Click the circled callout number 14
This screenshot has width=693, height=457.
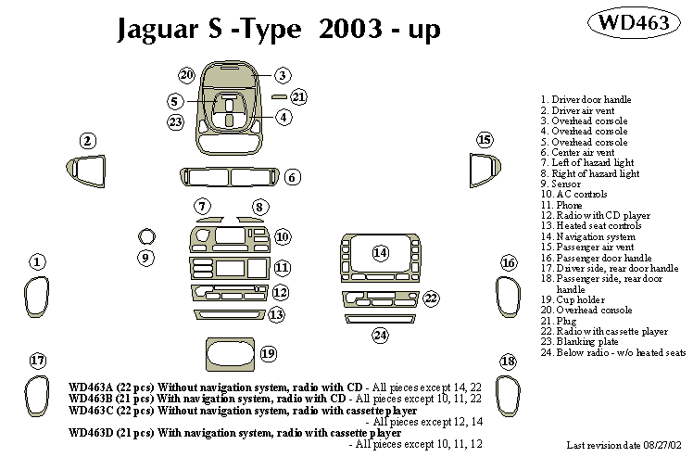380,252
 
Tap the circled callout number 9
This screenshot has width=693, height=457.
145,257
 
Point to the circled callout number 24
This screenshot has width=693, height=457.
380,335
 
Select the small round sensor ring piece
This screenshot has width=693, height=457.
145,235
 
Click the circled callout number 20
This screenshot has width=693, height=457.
186,74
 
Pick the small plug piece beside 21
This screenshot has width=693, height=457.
279,95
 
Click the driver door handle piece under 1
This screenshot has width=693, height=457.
36,296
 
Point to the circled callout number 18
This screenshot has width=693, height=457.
507,361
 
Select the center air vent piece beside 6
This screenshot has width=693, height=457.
229,177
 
